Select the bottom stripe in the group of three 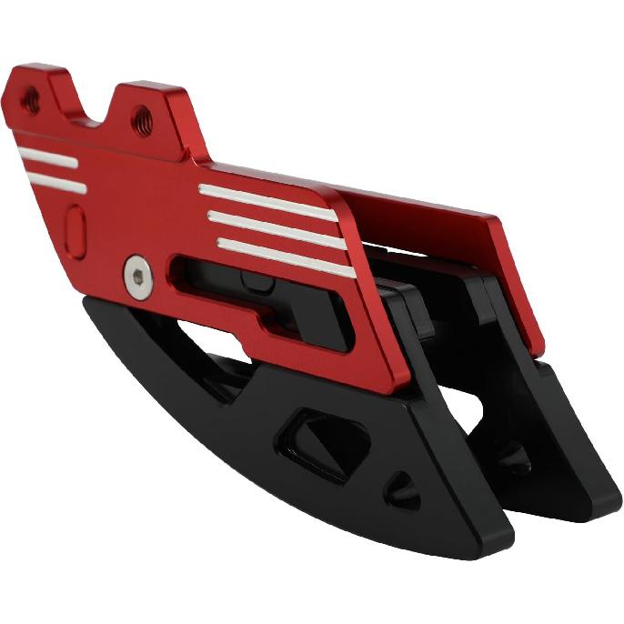tap(286, 256)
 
